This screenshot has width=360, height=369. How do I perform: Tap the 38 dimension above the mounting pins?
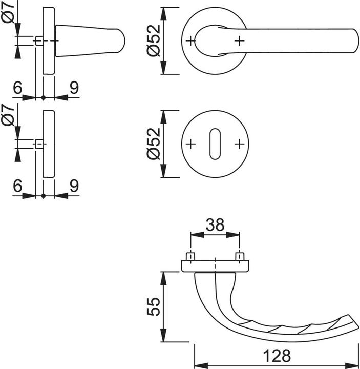pyautogui.click(x=215, y=225)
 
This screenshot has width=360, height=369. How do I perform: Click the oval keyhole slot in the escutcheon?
pyautogui.click(x=215, y=144)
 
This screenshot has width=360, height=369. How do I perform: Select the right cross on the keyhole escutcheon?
pyautogui.click(x=239, y=144)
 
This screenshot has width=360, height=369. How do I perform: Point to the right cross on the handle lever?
pyautogui.click(x=239, y=40)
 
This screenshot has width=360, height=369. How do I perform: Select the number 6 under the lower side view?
pyautogui.click(x=17, y=187)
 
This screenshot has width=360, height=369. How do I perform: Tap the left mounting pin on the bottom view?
pyautogui.click(x=190, y=256)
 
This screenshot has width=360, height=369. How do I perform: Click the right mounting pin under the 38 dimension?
pyautogui.click(x=239, y=256)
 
